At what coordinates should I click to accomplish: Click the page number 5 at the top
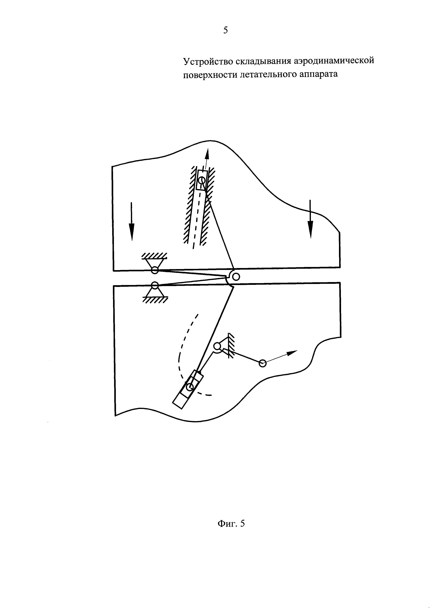pos(225,30)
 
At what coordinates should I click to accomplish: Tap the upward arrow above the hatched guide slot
pos(207,156)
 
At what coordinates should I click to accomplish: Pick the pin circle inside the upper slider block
pos(202,180)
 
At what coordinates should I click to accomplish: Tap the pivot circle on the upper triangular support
pos(155,270)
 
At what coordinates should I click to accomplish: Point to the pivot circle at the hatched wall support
pos(217,346)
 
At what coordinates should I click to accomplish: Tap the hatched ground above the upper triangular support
pos(154,256)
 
